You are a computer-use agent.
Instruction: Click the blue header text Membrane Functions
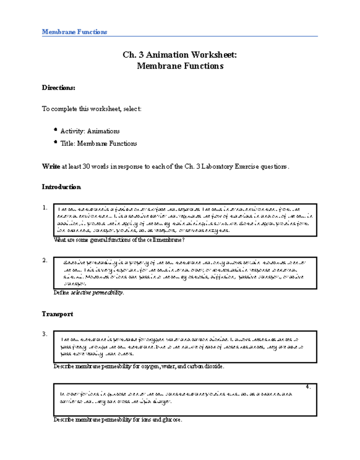click(74, 32)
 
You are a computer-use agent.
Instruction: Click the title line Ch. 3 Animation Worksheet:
click(180, 55)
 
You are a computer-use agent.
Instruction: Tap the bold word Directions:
click(58, 88)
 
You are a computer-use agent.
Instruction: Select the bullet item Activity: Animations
click(90, 131)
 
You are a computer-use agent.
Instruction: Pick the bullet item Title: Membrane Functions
click(99, 144)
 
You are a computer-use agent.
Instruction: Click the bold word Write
click(51, 167)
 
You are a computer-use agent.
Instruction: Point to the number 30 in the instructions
click(86, 167)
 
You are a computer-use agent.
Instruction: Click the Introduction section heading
click(61, 187)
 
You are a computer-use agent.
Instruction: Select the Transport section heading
click(57, 314)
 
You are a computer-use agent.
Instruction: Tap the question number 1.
click(45, 207)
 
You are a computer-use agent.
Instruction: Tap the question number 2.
click(45, 260)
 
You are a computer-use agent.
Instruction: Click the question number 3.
click(45, 334)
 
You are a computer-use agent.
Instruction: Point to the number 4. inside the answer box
click(308, 387)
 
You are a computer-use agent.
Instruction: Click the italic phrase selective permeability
click(97, 293)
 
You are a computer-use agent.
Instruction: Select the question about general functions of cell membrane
click(119, 240)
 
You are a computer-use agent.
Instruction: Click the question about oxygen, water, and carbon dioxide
click(139, 366)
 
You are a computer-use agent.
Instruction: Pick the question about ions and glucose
click(118, 420)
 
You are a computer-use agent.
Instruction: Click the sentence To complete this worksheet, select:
click(91, 109)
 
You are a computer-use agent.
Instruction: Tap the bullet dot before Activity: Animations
click(55, 130)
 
